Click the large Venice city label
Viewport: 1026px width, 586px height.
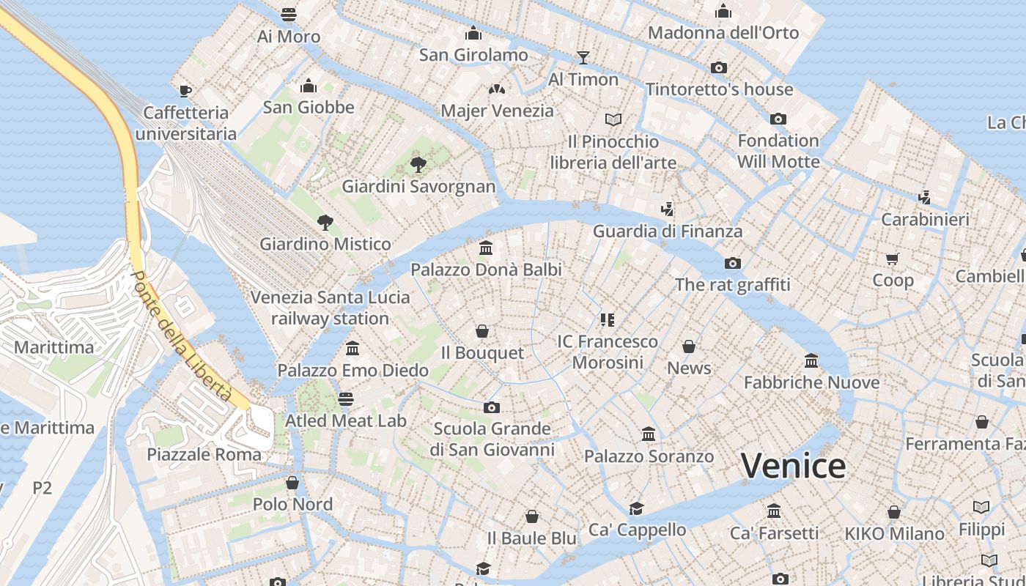793,466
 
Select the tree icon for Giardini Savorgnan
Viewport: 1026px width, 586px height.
418,164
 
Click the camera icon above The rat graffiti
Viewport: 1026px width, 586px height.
732,263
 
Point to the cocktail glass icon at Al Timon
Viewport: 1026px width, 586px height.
583,57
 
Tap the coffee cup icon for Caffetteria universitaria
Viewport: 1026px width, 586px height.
185,91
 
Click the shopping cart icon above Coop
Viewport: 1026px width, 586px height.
892,259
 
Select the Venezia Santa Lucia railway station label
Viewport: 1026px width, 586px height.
331,308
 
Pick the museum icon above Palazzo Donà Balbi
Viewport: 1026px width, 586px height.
485,248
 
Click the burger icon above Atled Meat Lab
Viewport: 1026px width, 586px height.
346,399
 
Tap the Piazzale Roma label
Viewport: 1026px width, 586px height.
204,454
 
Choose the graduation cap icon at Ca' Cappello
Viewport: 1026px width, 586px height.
636,508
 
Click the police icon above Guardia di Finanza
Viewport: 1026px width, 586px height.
666,209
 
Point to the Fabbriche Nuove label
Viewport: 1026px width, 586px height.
811,382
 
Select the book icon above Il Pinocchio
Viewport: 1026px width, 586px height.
613,119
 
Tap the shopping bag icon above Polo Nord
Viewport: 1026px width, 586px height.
292,483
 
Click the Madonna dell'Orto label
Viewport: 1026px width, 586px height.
723,32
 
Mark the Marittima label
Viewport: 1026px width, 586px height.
54,347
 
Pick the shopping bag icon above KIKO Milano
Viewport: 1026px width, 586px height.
894,512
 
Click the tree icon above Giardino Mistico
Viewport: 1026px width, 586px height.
325,223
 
